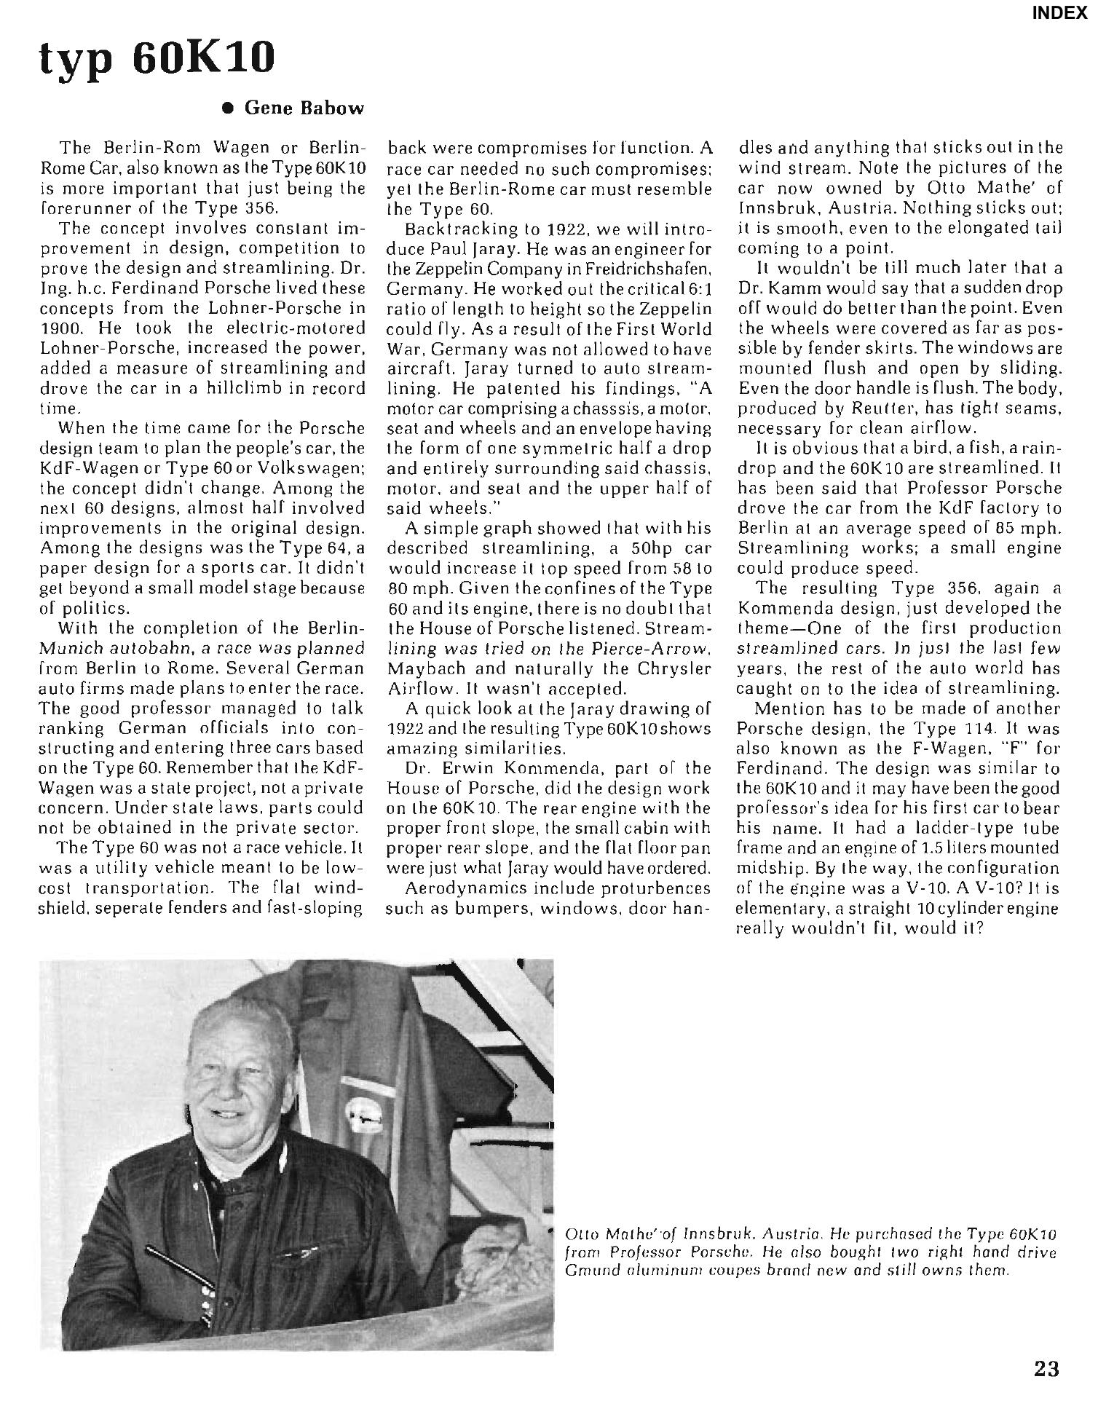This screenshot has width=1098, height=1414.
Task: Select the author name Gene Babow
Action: pos(303,108)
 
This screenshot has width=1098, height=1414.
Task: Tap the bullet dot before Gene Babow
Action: pos(228,108)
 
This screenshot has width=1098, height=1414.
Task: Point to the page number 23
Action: pos(1046,1369)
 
